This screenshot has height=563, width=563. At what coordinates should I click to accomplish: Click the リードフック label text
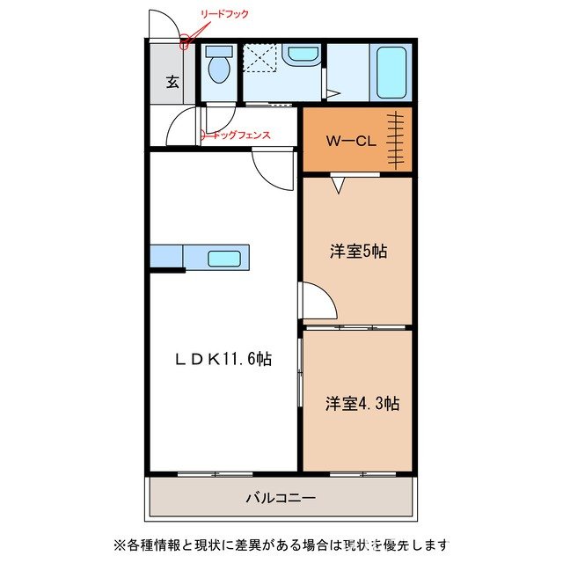(225, 14)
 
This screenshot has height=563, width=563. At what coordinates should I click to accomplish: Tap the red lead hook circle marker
(186, 40)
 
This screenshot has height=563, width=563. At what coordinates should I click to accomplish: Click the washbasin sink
(303, 55)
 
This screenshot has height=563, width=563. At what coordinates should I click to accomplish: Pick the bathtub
(391, 72)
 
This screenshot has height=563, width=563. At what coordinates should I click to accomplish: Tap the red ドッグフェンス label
(235, 135)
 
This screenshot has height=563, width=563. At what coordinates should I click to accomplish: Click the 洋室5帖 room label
(358, 252)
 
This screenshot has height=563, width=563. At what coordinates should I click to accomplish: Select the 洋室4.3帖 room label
(362, 403)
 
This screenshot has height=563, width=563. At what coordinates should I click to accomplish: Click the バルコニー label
(280, 498)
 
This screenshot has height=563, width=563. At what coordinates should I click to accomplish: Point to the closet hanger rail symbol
(398, 141)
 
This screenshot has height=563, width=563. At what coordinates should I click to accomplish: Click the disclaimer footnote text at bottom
(281, 543)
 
